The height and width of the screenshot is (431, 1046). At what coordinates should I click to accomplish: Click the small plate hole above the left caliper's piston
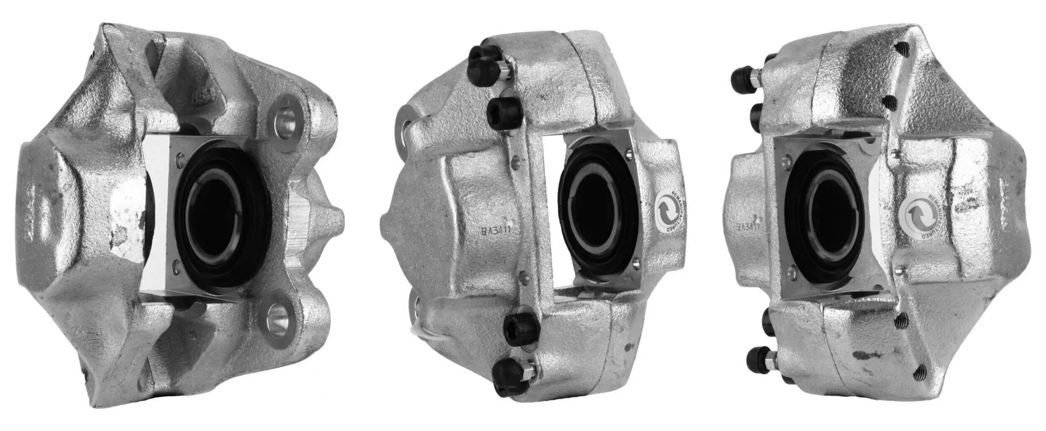(180, 159)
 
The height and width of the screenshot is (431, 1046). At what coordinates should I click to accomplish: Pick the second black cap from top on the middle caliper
(502, 113)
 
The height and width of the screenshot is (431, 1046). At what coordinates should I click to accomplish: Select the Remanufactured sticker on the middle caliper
(669, 213)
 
